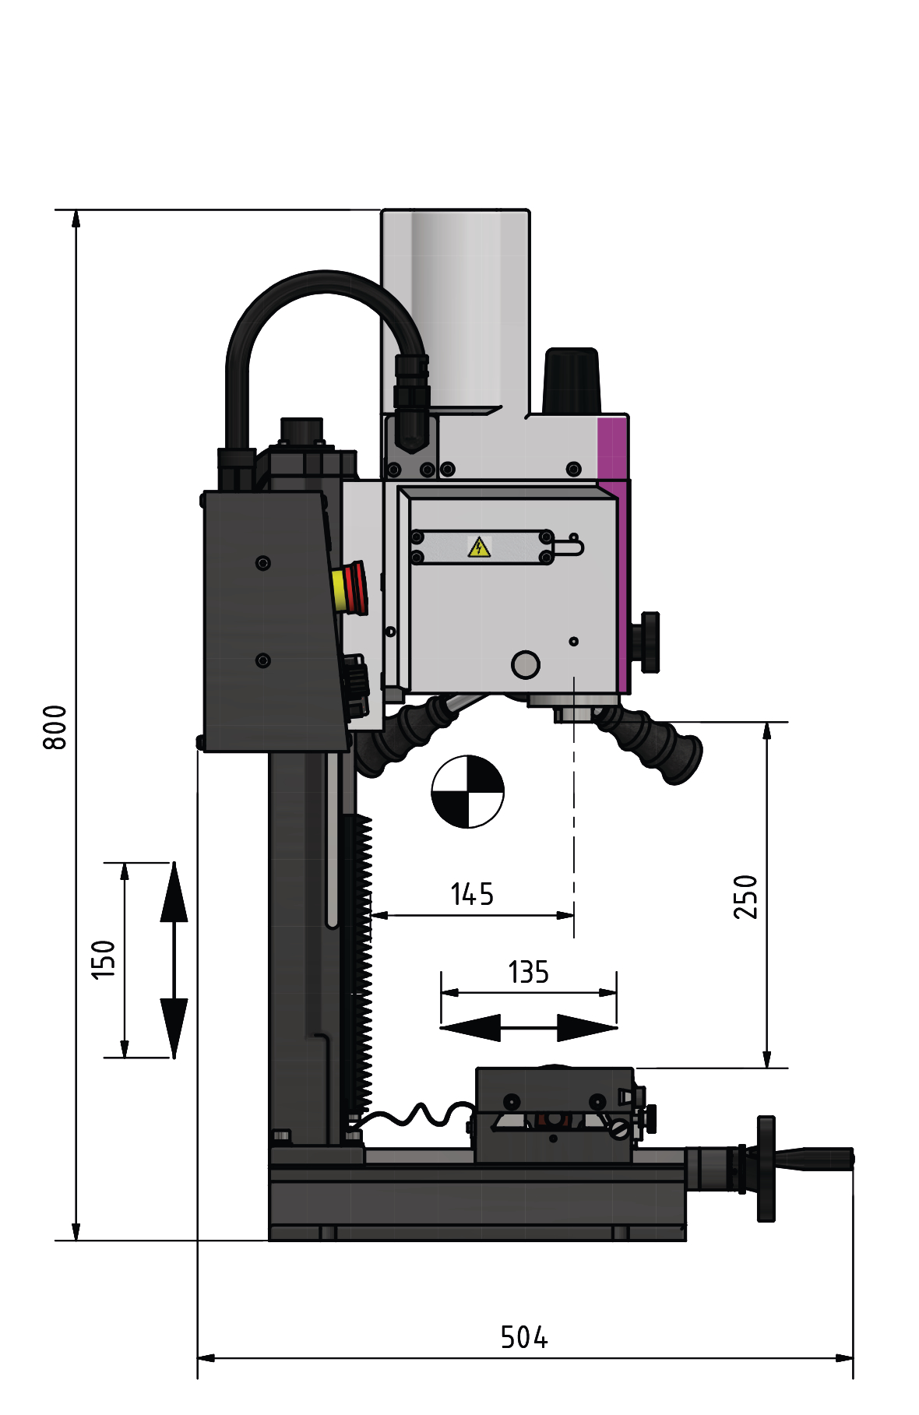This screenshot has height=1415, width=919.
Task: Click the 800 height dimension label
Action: point(55,727)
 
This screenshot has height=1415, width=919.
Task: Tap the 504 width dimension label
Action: point(524,1337)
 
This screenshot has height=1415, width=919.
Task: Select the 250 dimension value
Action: point(745,896)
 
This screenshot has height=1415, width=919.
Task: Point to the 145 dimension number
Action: point(472,894)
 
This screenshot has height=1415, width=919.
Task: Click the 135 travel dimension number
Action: point(528,972)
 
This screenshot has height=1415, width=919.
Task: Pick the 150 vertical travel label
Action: point(103,959)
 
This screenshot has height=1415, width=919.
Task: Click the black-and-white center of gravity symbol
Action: point(467,791)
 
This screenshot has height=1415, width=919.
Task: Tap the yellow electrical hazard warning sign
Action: point(479,547)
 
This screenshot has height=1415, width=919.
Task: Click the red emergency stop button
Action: point(350,590)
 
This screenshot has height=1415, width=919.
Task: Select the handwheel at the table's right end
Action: point(766,1169)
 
